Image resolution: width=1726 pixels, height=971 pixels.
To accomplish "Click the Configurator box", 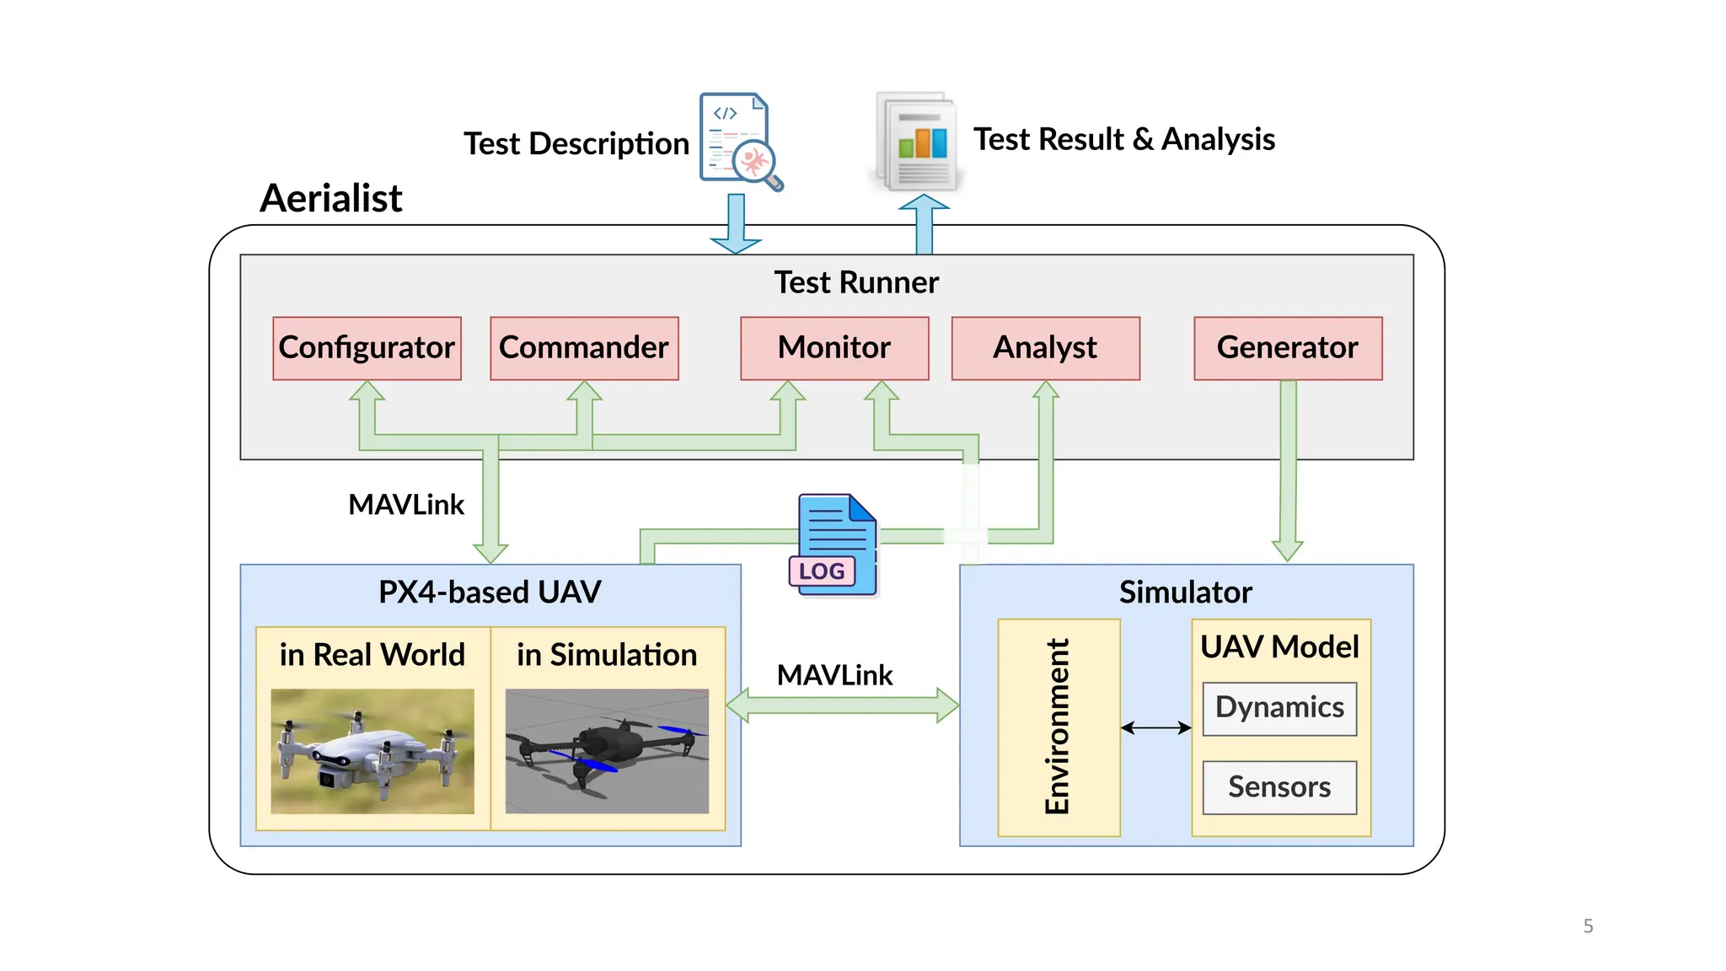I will tap(367, 348).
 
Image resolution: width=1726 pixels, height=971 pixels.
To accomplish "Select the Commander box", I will tap(584, 348).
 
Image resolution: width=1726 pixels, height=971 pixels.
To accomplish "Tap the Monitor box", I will tap(834, 348).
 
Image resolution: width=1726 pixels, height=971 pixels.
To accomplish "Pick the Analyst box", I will tap(1045, 348).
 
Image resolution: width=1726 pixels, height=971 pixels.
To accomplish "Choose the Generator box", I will tap(1288, 348).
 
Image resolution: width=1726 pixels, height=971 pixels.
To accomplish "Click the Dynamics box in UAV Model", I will tap(1279, 708).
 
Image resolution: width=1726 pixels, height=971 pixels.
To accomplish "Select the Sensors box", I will tap(1279, 787).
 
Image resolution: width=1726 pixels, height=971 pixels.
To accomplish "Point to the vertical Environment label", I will tap(1057, 727).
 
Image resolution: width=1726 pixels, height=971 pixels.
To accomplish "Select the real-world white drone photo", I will tap(372, 750).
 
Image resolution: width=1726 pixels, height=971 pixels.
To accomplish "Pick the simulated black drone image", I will tap(607, 750).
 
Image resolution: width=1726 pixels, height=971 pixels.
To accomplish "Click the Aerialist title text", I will tap(330, 199).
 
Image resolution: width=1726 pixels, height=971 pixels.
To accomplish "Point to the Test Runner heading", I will tap(856, 282).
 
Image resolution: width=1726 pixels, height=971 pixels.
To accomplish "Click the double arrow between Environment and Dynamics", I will tap(1155, 727).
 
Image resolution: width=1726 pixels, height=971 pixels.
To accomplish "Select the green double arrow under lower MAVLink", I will tap(842, 705).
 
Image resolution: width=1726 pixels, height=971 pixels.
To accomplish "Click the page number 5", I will tap(1588, 926).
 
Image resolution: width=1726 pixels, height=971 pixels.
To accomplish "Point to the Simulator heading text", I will tap(1185, 593).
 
